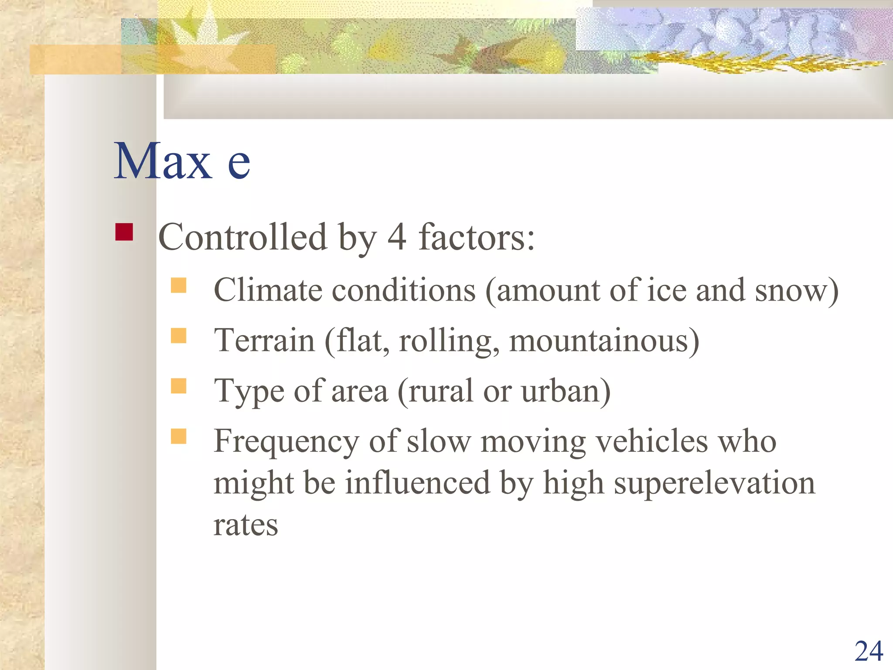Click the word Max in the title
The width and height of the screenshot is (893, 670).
pyautogui.click(x=163, y=161)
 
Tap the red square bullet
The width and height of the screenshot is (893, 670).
pyautogui.click(x=124, y=232)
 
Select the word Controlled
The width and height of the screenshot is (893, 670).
pyautogui.click(x=242, y=238)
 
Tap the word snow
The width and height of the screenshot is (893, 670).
pyautogui.click(x=790, y=290)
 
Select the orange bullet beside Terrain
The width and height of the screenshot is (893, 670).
pyautogui.click(x=178, y=336)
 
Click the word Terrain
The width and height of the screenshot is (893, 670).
pyautogui.click(x=264, y=341)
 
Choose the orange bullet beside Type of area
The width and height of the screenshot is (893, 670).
pyautogui.click(x=178, y=386)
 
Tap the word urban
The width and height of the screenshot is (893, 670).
pyautogui.click(x=561, y=391)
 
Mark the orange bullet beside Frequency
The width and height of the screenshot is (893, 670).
pyautogui.click(x=178, y=436)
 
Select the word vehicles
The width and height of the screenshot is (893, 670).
pyautogui.click(x=651, y=441)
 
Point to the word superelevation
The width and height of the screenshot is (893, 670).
pyautogui.click(x=714, y=483)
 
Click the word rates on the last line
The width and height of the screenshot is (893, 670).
pyautogui.click(x=245, y=525)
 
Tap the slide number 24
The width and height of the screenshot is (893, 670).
pyautogui.click(x=869, y=652)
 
